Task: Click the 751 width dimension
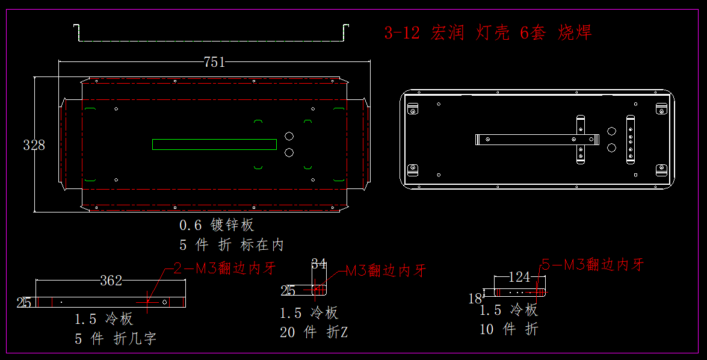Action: [x=214, y=62]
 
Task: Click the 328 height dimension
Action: [x=34, y=145]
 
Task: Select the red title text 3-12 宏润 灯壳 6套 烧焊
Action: [x=488, y=33]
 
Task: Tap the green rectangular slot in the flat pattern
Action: [x=214, y=144]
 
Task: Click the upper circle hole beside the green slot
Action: [x=289, y=136]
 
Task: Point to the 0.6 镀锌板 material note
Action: [x=217, y=225]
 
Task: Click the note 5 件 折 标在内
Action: [x=232, y=245]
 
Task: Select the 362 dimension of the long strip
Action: [x=111, y=281]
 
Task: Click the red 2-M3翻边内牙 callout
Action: [x=225, y=268]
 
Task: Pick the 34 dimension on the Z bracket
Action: [x=318, y=264]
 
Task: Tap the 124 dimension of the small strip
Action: [x=519, y=278]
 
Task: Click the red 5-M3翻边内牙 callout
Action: [x=593, y=264]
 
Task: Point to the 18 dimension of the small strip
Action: [x=475, y=297]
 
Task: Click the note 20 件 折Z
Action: [x=313, y=332]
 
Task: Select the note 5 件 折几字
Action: [x=116, y=339]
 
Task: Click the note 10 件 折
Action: [x=508, y=329]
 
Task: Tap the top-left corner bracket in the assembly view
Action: [x=413, y=109]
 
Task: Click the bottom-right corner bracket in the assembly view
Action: [x=661, y=170]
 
